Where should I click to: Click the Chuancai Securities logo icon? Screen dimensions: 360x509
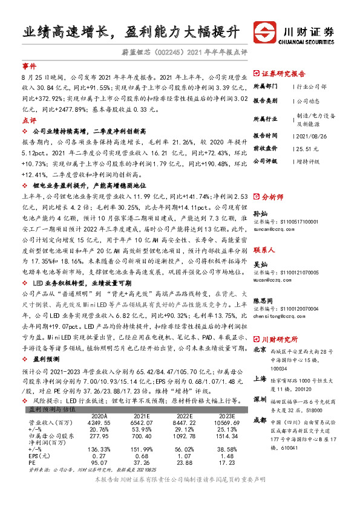(264, 31)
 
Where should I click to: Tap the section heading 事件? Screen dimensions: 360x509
(29, 65)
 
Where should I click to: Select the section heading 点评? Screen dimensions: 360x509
(29, 120)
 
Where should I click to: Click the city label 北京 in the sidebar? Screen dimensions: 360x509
(260, 349)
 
